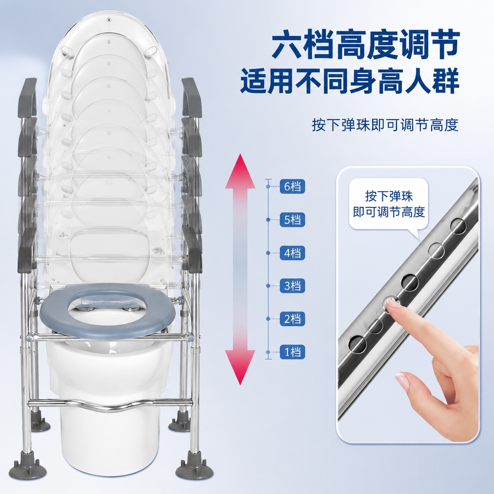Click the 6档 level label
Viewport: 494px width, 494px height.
click(292, 186)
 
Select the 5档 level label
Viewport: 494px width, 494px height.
click(292, 220)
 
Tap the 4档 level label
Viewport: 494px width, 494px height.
click(292, 253)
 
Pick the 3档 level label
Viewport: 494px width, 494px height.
click(292, 286)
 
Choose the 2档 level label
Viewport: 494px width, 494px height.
click(292, 319)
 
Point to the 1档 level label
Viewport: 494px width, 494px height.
click(292, 352)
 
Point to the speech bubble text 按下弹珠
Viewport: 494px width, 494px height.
click(389, 197)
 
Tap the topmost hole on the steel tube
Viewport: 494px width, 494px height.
click(458, 226)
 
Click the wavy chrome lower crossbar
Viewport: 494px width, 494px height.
click(110, 405)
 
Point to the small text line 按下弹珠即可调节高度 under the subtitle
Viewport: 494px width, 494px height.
click(385, 125)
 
